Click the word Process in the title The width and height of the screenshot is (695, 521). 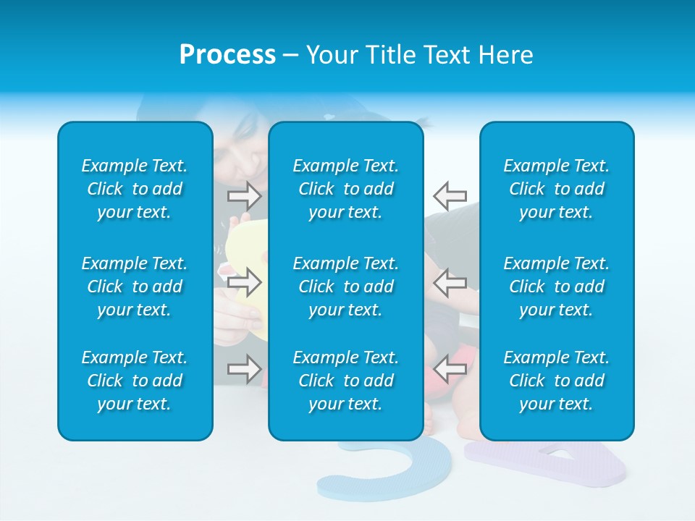pyautogui.click(x=227, y=55)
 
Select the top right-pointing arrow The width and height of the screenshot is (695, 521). pyautogui.click(x=245, y=195)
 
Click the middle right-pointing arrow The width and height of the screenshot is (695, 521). pyautogui.click(x=245, y=282)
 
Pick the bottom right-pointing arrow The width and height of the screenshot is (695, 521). pyautogui.click(x=245, y=368)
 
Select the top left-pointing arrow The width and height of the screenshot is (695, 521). pyautogui.click(x=450, y=195)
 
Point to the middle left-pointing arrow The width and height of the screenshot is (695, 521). pyautogui.click(x=450, y=282)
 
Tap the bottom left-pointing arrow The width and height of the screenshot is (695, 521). pyautogui.click(x=450, y=368)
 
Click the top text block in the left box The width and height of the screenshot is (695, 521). pyautogui.click(x=135, y=189)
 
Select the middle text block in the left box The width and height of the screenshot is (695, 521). pyautogui.click(x=135, y=287)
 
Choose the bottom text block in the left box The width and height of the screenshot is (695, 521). pyautogui.click(x=135, y=381)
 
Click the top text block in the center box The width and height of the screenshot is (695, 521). pyautogui.click(x=345, y=189)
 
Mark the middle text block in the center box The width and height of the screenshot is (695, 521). pyautogui.click(x=345, y=287)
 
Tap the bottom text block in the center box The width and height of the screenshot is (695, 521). pyautogui.click(x=345, y=381)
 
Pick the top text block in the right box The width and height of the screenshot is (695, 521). pyautogui.click(x=556, y=189)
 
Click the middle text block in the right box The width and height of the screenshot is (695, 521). pyautogui.click(x=556, y=287)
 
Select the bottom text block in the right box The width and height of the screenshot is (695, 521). pyautogui.click(x=556, y=381)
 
